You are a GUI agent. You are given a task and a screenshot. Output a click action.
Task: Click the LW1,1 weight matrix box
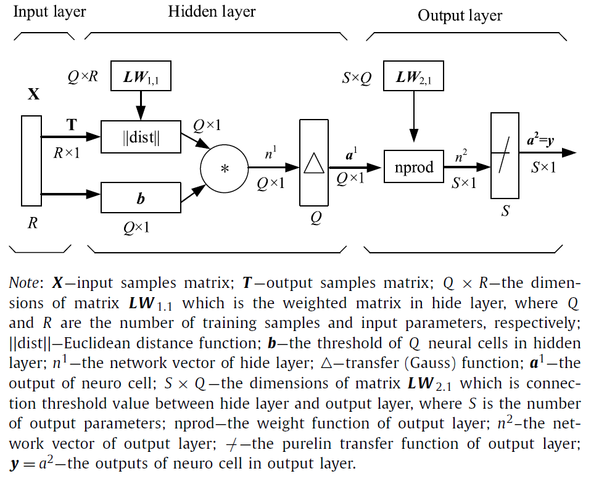tap(141, 77)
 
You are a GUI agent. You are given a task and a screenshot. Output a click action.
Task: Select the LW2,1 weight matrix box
tap(413, 77)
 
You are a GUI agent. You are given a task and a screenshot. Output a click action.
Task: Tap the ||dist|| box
tap(141, 137)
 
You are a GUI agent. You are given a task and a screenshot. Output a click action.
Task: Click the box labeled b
tap(141, 199)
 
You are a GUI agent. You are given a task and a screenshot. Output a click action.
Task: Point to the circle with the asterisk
tap(224, 168)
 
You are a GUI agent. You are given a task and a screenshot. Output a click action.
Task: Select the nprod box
tap(413, 167)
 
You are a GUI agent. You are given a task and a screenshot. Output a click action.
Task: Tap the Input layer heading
tap(50, 12)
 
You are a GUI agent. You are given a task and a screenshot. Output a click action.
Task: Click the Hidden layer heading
tap(212, 11)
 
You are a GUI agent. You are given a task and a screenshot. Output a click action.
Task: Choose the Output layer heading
tap(460, 15)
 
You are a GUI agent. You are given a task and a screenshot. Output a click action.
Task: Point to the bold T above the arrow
tap(72, 125)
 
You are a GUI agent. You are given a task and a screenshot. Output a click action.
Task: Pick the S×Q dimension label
tap(357, 78)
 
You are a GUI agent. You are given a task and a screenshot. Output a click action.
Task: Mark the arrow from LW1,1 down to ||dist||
tap(141, 104)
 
